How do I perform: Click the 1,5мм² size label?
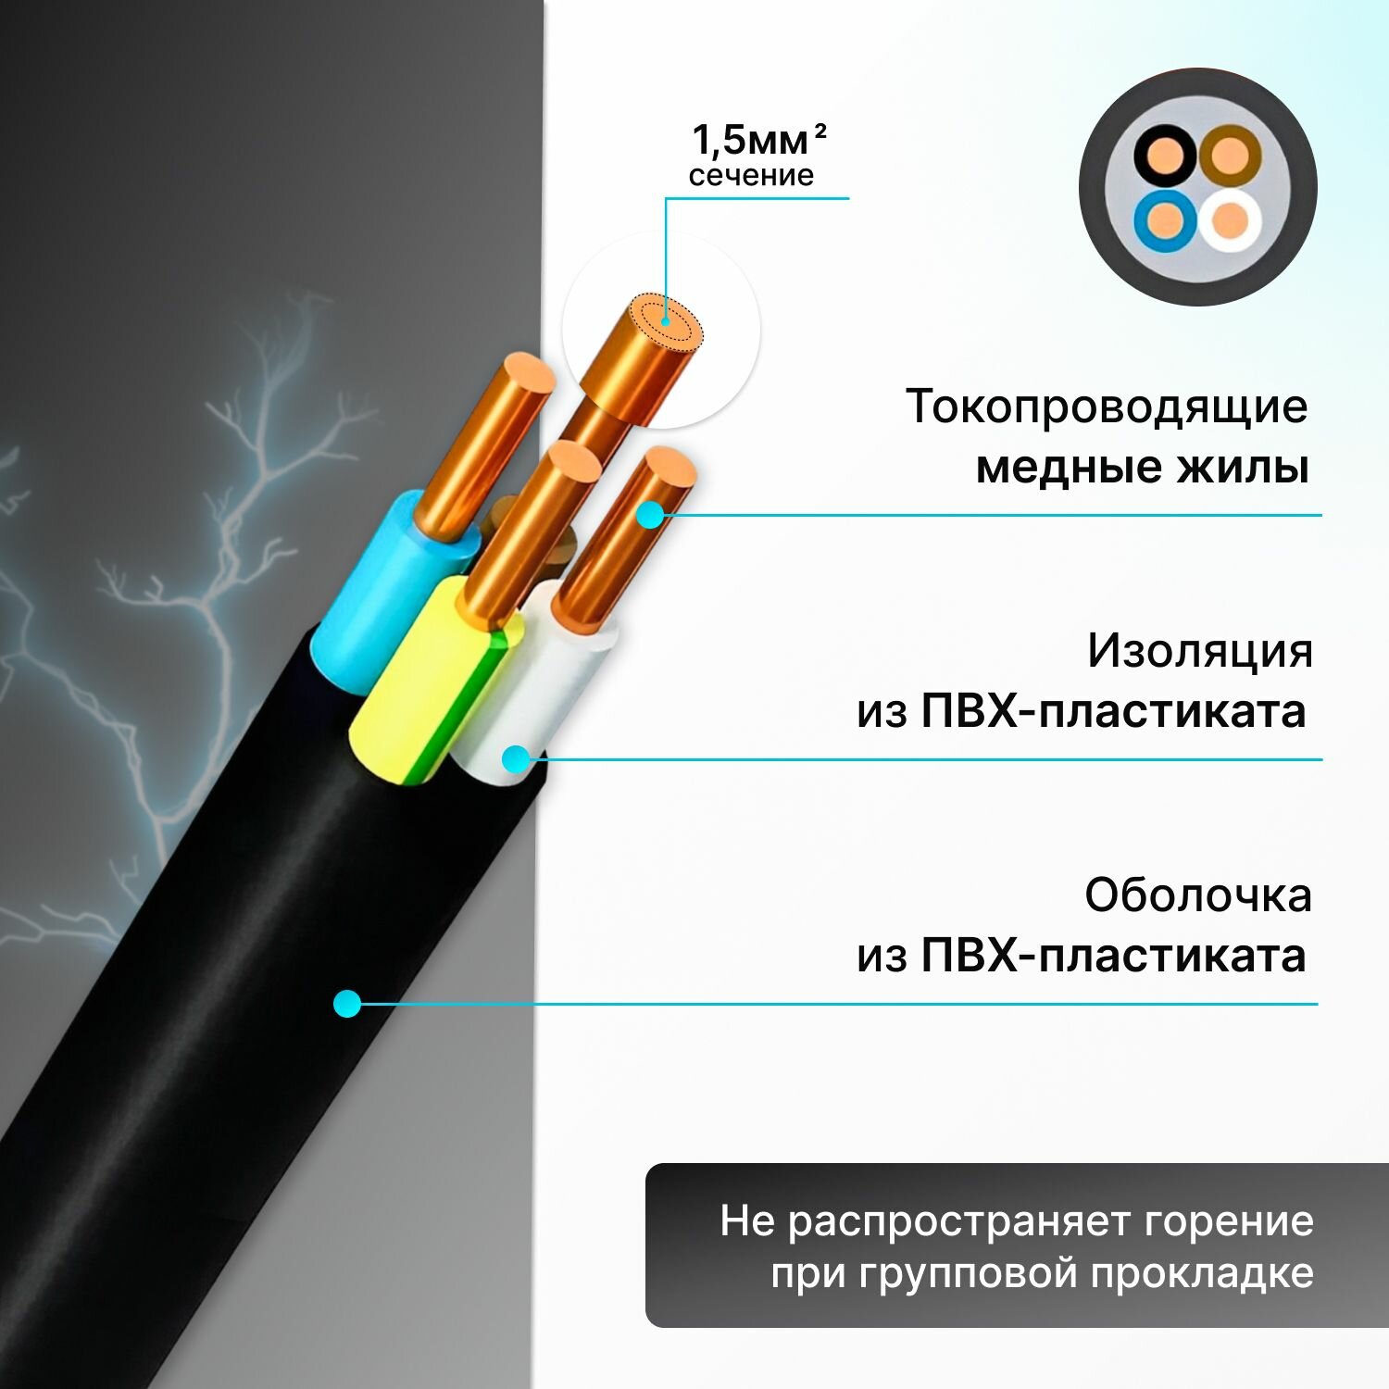tap(758, 140)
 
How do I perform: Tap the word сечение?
tap(751, 176)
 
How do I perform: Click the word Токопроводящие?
tap(1107, 407)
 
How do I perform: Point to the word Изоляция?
tap(1200, 650)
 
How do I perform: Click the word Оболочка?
tap(1198, 895)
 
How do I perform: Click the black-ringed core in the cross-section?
tap(1165, 156)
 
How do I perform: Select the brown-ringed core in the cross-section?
tap(1230, 156)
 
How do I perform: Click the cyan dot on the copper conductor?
tap(651, 515)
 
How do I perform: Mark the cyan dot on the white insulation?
tap(516, 759)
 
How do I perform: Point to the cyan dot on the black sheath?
tap(347, 1003)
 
